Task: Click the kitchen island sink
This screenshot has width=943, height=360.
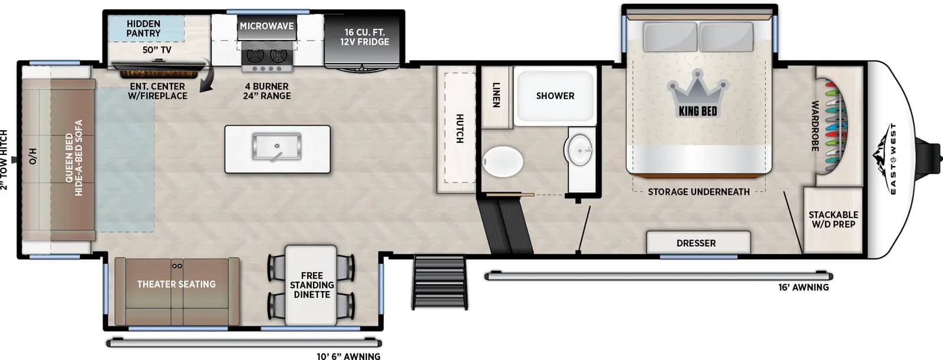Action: (x=276, y=147)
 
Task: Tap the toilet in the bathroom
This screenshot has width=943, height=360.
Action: (x=503, y=161)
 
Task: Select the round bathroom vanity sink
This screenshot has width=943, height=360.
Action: (x=580, y=150)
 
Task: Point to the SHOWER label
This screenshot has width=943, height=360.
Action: (x=555, y=96)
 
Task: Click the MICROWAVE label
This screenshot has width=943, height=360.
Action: (x=266, y=26)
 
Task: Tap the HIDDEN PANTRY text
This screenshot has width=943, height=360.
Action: (x=144, y=28)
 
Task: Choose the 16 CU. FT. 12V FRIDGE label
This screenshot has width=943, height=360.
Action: (x=365, y=37)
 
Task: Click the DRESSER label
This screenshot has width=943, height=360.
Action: (x=696, y=243)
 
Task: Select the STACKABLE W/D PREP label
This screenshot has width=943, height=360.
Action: (x=833, y=219)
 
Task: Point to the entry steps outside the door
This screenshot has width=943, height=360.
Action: (x=440, y=282)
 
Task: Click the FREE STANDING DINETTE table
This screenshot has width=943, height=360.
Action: (x=311, y=286)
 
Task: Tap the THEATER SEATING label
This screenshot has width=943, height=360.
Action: (x=176, y=284)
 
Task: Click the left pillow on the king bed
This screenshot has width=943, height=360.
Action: (x=670, y=37)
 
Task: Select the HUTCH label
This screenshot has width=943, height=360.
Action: (x=460, y=128)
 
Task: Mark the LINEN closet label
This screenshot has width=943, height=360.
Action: (x=496, y=95)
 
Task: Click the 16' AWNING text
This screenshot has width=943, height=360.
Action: (x=803, y=288)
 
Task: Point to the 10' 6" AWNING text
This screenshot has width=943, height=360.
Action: (x=348, y=356)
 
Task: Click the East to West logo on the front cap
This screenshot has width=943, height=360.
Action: (x=887, y=158)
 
